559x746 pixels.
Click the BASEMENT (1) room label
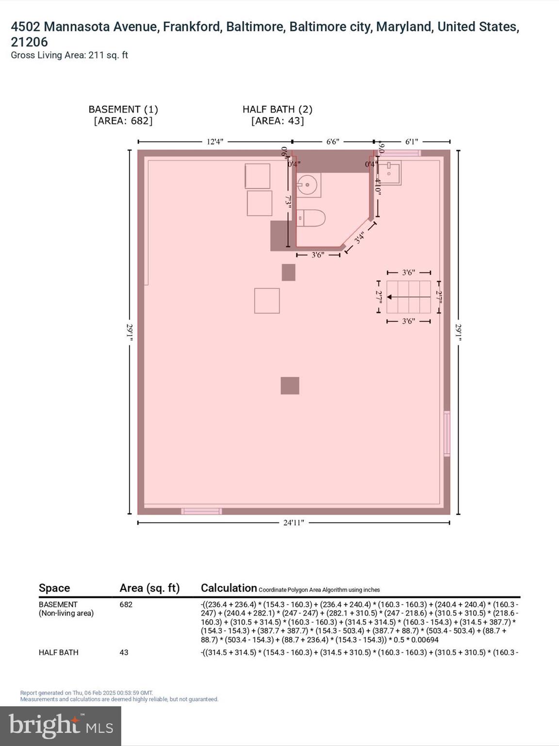[123, 110]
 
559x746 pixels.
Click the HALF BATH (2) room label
[277, 110]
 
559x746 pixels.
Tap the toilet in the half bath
[310, 218]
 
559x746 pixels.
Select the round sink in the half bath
[307, 185]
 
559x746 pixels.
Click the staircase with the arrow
[409, 297]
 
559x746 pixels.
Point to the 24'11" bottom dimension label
[294, 523]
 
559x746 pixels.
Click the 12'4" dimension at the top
[215, 142]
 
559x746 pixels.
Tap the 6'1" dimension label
[411, 142]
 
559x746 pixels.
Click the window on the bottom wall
[201, 511]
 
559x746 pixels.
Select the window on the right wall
[447, 433]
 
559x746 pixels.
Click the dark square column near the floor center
[290, 386]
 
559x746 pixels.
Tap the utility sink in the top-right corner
[390, 174]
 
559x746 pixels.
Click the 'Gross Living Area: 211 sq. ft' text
[69, 55]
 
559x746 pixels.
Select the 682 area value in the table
[126, 605]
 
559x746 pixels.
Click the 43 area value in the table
[124, 652]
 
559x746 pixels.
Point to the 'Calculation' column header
[229, 588]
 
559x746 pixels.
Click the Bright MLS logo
[61, 726]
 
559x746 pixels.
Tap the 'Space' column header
[54, 588]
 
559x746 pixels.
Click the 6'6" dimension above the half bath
[332, 142]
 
